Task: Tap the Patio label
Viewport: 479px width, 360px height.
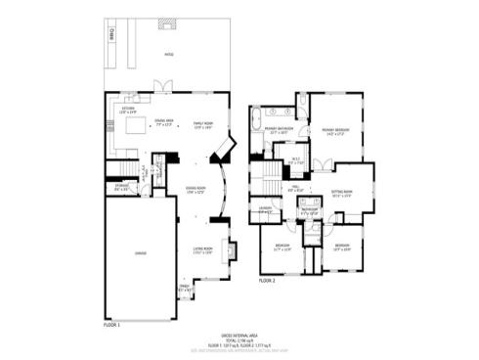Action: [x=168, y=56]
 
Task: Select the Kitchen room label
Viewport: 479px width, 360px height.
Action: [x=127, y=109]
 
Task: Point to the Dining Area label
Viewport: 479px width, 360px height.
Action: [x=164, y=121]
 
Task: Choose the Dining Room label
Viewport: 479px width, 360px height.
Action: [x=196, y=190]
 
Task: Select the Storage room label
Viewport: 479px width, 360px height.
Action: [x=120, y=187]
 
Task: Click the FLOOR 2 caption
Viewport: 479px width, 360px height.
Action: [x=268, y=280]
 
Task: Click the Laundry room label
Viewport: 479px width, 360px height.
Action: [x=265, y=209]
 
